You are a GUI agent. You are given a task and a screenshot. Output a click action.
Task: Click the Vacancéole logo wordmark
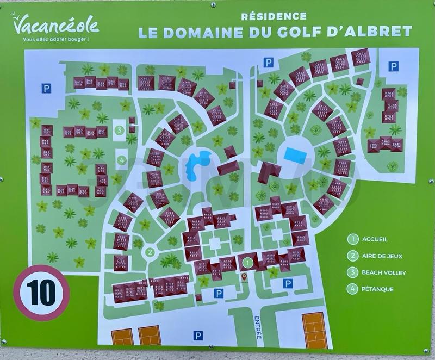point(55,24)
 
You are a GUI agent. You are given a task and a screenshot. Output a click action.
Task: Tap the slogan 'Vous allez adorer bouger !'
point(56,40)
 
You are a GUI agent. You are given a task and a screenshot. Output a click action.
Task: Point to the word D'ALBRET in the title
point(381,32)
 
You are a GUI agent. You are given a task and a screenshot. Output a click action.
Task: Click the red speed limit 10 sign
point(41,293)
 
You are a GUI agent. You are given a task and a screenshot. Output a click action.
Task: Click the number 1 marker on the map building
point(248,263)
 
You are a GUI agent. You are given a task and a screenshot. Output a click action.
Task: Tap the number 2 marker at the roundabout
point(150,252)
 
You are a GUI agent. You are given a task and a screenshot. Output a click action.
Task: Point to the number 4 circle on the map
point(121,160)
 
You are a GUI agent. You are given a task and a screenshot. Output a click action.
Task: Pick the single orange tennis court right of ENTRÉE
point(314,330)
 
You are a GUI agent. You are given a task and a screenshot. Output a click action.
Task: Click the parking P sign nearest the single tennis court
point(288,283)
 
